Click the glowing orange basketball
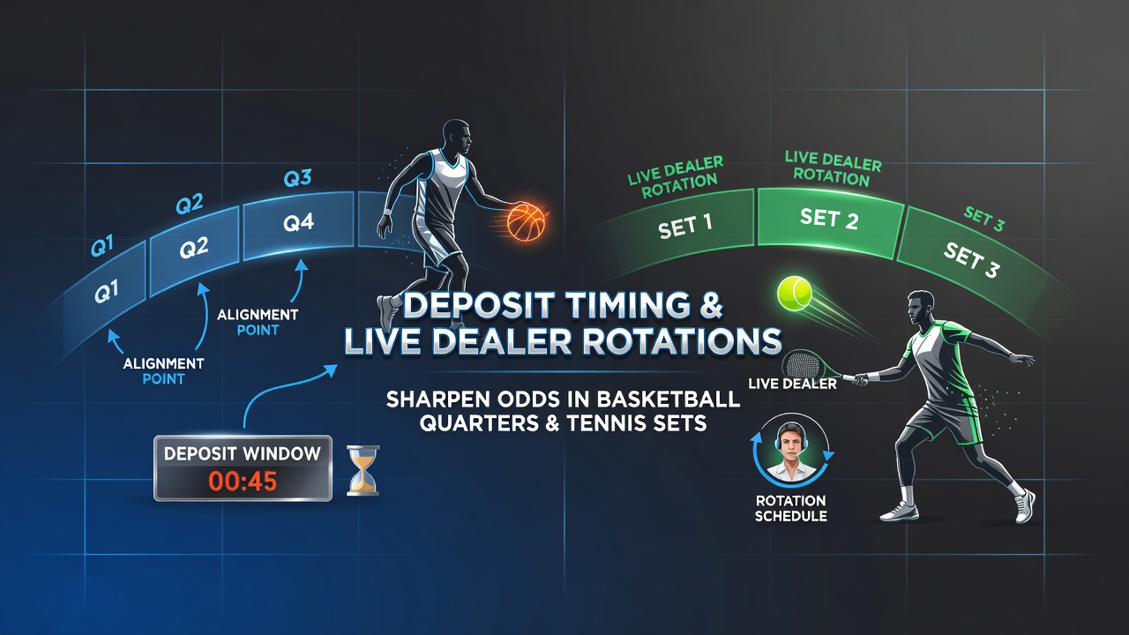coord(527,221)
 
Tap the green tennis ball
coord(795,293)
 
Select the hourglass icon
coord(363,471)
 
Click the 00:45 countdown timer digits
coord(243,481)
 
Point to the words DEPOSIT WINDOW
coord(243,453)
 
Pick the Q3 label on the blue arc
coord(297,178)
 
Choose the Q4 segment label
coord(298,222)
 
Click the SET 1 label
coord(685,227)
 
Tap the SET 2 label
coord(829,218)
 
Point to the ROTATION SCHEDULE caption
coord(791,508)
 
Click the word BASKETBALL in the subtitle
coord(662,400)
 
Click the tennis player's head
coord(920,308)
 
